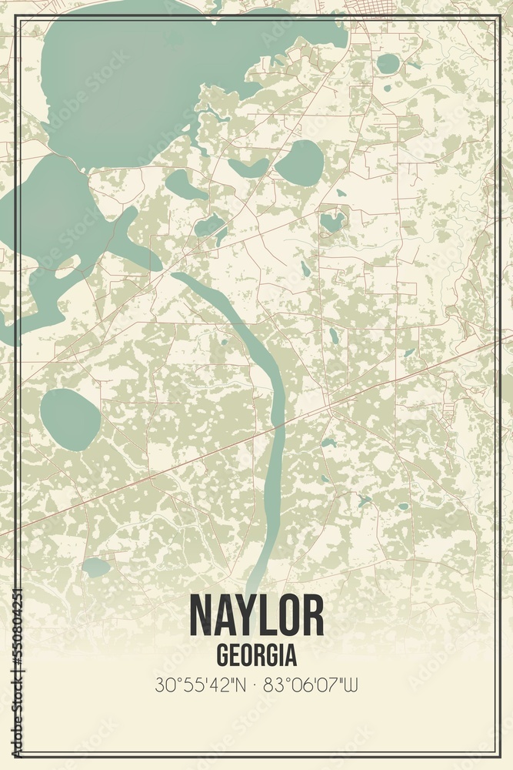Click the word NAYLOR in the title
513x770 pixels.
pos(256,616)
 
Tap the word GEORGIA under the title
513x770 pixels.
pos(256,655)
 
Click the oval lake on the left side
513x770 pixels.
pos(70,419)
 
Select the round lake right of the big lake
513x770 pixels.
pos(300,162)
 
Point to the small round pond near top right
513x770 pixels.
pos(388,63)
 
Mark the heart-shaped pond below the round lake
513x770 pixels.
pos(332,222)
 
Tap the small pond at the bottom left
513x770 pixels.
pos(96,567)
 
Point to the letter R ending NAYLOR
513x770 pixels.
pos(312,616)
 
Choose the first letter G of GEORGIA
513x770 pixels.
pos(223,655)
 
